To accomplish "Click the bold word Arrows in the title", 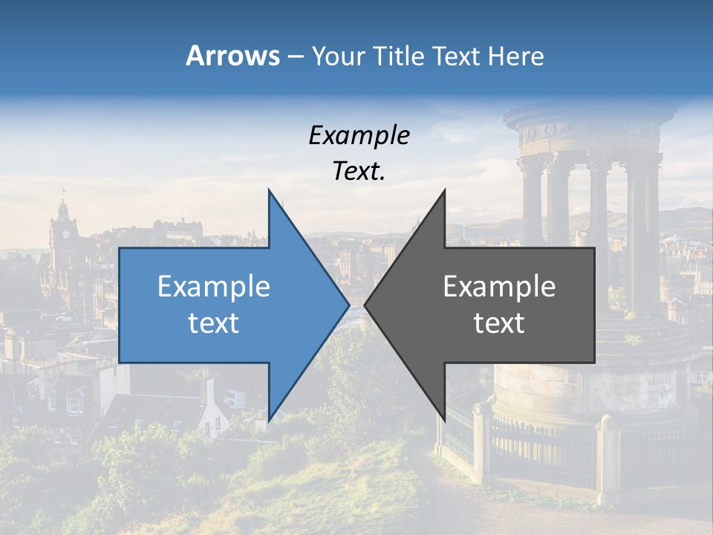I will [x=232, y=56].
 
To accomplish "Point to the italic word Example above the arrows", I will [x=359, y=136].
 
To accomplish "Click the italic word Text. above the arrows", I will [x=359, y=171].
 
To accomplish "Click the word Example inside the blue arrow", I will [x=214, y=287].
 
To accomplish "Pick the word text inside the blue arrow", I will [x=214, y=323].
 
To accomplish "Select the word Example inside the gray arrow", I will [x=499, y=287].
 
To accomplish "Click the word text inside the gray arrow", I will [x=499, y=323].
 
